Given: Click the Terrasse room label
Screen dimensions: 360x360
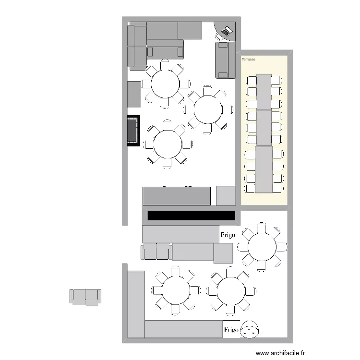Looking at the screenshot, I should tap(249, 60).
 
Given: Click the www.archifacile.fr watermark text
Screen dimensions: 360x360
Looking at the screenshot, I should tap(280, 353).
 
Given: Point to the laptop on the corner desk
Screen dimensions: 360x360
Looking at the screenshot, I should tap(226, 32).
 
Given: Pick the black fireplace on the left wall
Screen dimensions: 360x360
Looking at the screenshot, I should tap(133, 130).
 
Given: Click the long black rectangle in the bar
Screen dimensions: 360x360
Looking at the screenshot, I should tap(191, 216).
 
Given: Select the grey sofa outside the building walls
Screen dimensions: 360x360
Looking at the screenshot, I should tap(86, 296).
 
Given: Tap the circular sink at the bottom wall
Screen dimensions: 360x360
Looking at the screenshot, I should tap(250, 329).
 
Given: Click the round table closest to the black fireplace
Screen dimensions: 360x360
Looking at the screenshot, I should tap(168, 143).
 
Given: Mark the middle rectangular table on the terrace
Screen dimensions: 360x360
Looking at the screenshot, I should tap(264, 127).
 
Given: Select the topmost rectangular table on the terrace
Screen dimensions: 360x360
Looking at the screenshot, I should tap(264, 91).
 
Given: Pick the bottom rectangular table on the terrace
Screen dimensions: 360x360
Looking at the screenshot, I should tap(264, 169).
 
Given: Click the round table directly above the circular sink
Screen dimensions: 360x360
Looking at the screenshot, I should tap(231, 291).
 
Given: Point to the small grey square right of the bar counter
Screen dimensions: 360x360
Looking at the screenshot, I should tap(226, 195).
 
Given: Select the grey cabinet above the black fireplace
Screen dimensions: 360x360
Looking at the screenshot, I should tap(134, 94).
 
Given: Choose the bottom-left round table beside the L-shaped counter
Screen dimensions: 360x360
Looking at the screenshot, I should tap(176, 290).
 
